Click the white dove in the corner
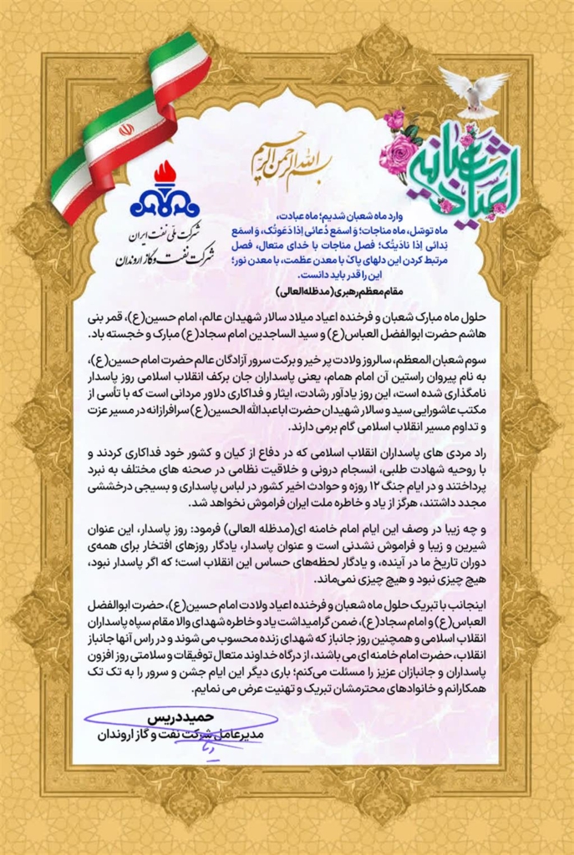pyautogui.click(x=473, y=91)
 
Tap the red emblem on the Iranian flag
pyautogui.click(x=126, y=130)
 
